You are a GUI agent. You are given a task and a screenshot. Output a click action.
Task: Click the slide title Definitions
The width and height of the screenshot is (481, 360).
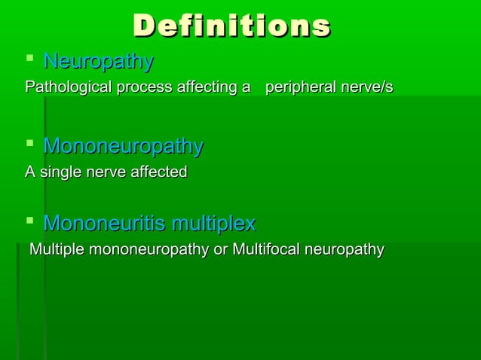pos(231,25)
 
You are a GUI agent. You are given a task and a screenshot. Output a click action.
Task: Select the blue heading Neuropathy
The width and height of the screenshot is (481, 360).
pos(98,61)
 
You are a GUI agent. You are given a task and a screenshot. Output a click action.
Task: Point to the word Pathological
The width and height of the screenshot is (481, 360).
pos(66,88)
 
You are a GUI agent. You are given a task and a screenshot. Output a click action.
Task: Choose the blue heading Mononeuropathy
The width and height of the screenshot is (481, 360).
pos(123,145)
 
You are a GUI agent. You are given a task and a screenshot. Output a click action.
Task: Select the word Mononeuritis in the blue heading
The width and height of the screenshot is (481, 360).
pos(105,224)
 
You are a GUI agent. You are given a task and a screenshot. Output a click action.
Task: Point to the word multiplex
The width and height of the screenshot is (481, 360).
pos(213,224)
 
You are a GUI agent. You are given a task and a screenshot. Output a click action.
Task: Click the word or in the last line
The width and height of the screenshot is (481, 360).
pos(221,249)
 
